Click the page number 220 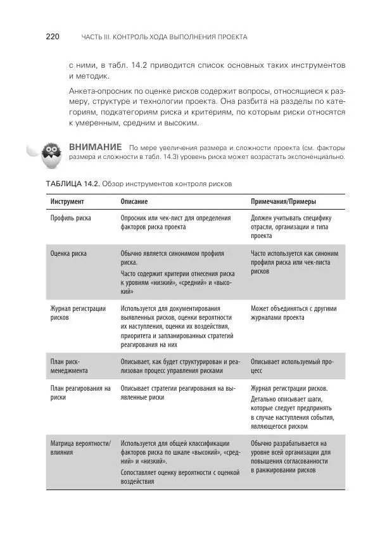(53, 37)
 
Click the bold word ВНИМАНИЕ (95, 147)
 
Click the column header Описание (134, 201)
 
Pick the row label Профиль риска (70, 218)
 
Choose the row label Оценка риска (68, 253)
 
